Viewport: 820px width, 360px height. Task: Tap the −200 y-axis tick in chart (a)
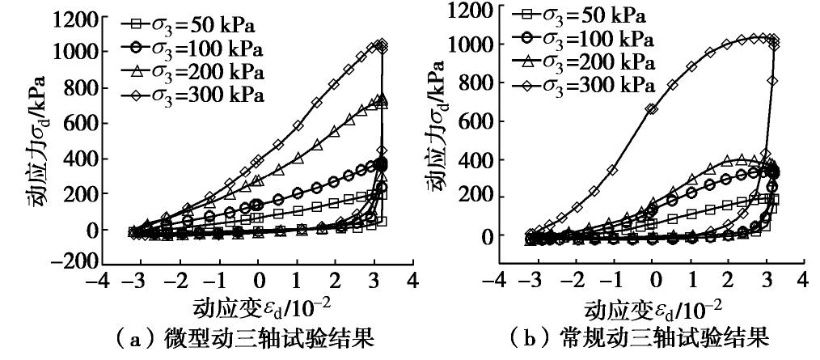point(73,263)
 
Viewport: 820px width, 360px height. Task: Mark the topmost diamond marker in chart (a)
point(383,44)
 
